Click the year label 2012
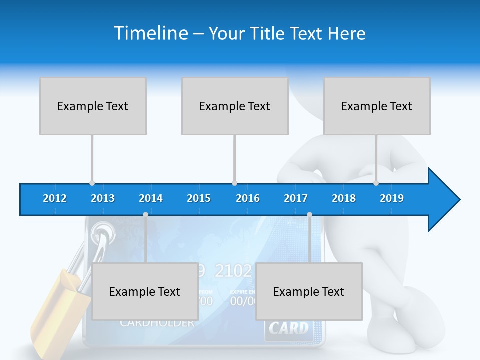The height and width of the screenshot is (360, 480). point(55,198)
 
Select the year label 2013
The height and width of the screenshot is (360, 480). point(103,198)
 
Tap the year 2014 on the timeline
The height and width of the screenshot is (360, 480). point(151,198)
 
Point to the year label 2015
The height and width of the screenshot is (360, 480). point(199,198)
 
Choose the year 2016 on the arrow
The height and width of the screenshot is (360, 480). point(248,198)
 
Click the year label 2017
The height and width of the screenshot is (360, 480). point(296,198)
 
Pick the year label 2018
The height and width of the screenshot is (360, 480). point(344,198)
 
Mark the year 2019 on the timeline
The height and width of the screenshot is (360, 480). point(392,198)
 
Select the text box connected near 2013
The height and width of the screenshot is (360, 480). point(93,106)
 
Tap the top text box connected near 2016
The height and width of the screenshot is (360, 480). point(235,106)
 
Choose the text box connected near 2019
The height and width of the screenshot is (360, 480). point(377,106)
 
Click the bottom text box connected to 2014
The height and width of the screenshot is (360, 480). point(145,291)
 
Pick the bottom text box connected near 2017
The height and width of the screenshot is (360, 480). point(309,291)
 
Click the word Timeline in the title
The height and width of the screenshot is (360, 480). point(150,33)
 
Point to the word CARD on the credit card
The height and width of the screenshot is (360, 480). point(289,328)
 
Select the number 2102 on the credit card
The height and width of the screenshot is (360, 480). point(233,271)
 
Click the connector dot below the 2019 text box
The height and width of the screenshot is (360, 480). point(376,183)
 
